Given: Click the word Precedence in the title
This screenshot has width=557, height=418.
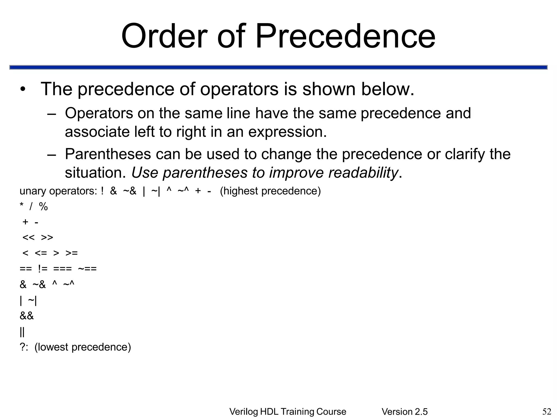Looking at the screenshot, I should click(x=345, y=36).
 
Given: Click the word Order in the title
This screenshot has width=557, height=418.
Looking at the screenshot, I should click(x=164, y=36).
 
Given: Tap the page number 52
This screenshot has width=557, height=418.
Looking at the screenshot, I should click(x=547, y=411).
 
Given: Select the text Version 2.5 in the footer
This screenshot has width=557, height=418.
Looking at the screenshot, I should click(x=404, y=412).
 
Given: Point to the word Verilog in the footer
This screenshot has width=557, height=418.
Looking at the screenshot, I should click(x=244, y=412).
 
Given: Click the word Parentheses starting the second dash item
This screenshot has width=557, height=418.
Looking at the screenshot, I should click(x=108, y=154).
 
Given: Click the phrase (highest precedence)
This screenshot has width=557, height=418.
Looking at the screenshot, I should click(x=270, y=191).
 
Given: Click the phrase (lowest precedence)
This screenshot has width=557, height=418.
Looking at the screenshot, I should click(x=83, y=347).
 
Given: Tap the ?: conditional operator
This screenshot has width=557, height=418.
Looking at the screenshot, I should click(x=24, y=347).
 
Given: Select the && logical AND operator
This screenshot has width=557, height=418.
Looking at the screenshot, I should click(x=27, y=316).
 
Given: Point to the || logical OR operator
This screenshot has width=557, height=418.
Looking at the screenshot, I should click(x=22, y=332).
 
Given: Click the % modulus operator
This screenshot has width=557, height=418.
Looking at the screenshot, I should click(x=44, y=207).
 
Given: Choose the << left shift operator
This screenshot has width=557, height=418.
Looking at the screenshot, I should click(x=29, y=238).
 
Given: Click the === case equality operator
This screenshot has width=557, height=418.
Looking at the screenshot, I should click(x=63, y=269).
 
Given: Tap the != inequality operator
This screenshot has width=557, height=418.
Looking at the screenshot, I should click(x=43, y=269).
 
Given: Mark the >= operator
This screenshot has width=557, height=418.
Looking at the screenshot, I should click(x=72, y=253).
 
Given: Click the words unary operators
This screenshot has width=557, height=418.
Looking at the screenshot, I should click(x=58, y=191).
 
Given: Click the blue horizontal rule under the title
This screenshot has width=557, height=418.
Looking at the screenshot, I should click(x=278, y=67).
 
